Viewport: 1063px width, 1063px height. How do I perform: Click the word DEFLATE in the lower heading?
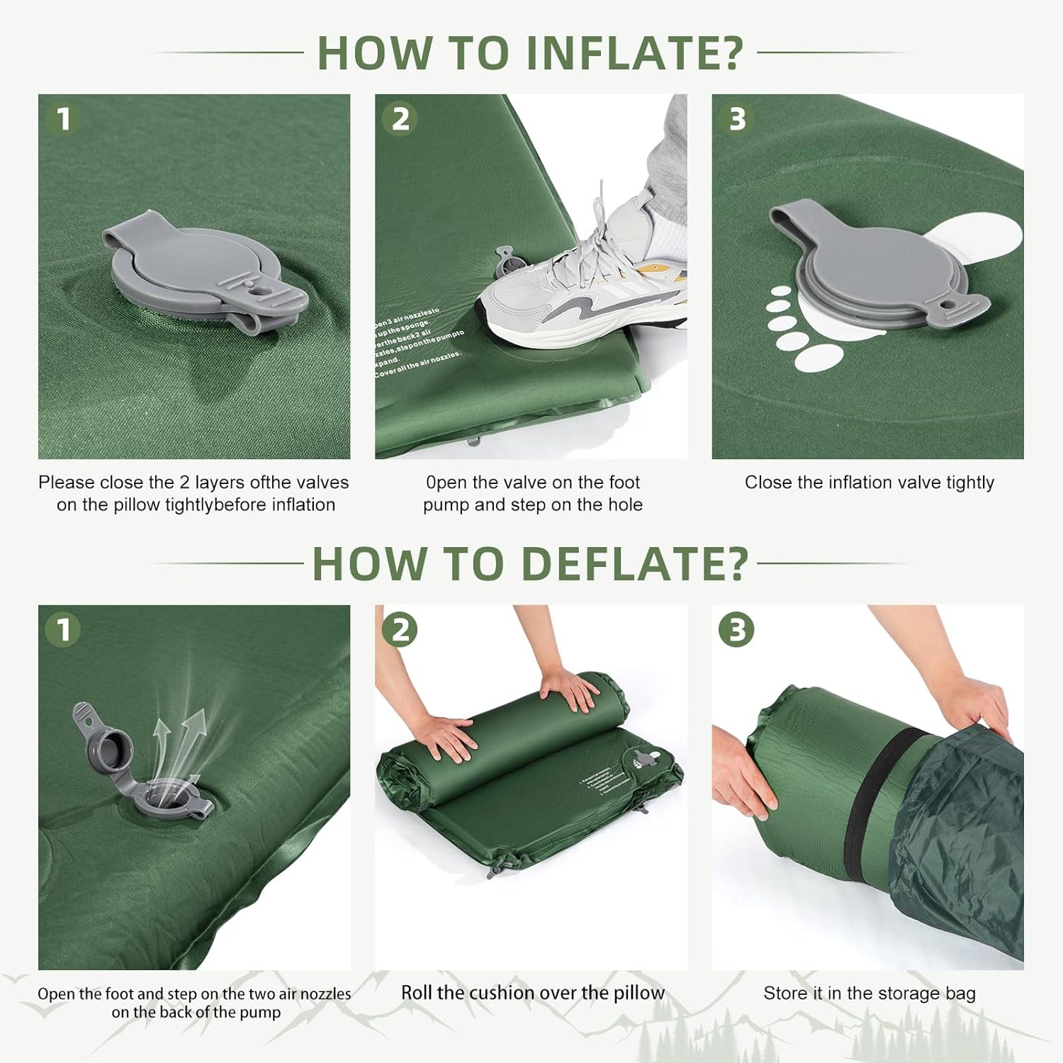634,564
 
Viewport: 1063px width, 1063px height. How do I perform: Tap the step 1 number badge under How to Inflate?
63,118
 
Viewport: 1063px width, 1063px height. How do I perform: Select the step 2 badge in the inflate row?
400,118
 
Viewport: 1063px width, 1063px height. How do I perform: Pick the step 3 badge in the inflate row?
737,118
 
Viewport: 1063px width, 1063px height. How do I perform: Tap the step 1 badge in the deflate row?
63,629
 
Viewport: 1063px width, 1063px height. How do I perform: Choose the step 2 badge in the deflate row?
400,629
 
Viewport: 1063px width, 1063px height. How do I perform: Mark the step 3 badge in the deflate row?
737,629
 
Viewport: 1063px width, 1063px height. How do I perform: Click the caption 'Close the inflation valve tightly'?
869,483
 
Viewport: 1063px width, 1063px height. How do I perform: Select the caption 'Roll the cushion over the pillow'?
533,993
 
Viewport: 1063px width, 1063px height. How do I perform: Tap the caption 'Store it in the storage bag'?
869,994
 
